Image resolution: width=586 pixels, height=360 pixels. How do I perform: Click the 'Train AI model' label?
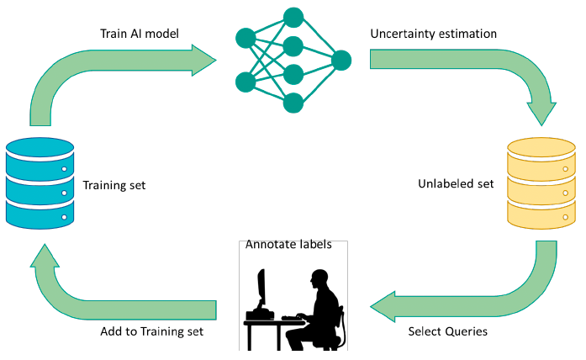[140, 34]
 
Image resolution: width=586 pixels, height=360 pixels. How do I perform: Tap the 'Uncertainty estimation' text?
[434, 34]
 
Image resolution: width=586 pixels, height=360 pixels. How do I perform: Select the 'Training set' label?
[114, 185]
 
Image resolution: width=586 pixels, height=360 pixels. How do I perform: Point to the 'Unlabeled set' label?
[456, 183]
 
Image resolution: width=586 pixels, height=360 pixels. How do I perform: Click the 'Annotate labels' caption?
[288, 244]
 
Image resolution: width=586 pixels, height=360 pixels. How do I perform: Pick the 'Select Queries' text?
[448, 331]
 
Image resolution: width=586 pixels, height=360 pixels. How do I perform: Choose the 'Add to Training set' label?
[151, 331]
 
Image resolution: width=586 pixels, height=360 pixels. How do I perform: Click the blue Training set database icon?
[40, 183]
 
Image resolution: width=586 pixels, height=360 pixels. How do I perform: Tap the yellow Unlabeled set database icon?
[541, 183]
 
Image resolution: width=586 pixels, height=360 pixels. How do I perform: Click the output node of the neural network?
[341, 61]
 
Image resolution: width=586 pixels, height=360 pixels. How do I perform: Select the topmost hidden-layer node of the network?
[293, 18]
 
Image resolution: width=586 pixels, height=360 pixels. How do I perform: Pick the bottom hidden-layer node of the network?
[293, 103]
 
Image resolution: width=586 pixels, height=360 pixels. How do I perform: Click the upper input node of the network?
[245, 38]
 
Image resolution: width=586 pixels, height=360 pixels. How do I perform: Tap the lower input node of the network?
[245, 82]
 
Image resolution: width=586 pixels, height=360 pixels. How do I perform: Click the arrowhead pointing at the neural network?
[203, 61]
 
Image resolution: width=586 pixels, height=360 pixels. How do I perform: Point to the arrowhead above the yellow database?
[541, 114]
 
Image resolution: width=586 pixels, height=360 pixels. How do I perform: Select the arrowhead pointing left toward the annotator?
[383, 306]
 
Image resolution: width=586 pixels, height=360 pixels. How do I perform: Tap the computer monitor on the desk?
[261, 287]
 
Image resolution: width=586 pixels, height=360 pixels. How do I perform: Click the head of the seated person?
[319, 278]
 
